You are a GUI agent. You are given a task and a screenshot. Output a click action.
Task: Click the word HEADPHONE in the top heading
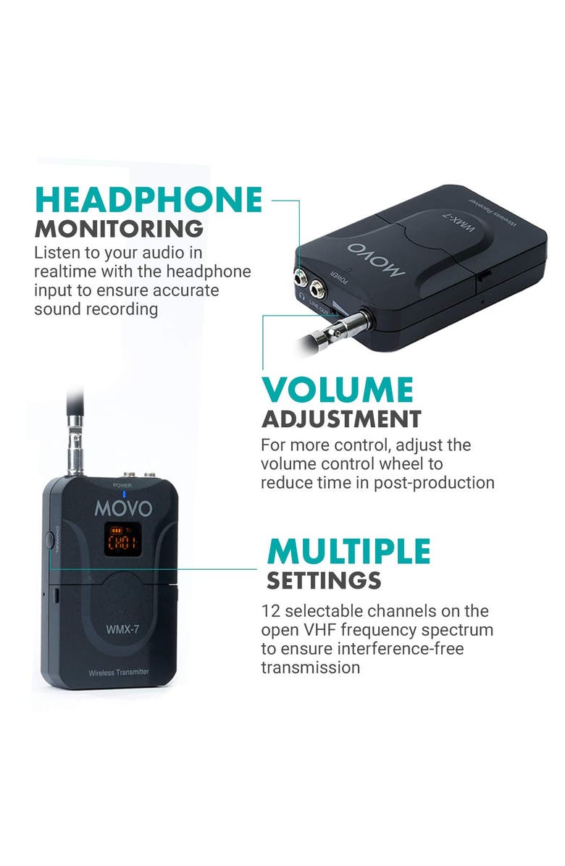pyautogui.click(x=148, y=200)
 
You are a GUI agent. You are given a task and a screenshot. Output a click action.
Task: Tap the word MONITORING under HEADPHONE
pyautogui.click(x=119, y=229)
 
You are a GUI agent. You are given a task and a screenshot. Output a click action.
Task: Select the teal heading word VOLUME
pyautogui.click(x=337, y=390)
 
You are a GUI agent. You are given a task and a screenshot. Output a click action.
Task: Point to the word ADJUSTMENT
pyautogui.click(x=341, y=419)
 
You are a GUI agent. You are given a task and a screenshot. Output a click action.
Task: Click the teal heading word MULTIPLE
pyautogui.click(x=348, y=552)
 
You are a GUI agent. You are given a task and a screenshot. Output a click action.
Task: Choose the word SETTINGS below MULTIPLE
pyautogui.click(x=323, y=581)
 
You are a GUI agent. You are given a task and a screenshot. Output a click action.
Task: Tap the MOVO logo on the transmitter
pyautogui.click(x=124, y=508)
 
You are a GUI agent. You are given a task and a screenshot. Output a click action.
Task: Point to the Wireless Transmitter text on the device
pyautogui.click(x=119, y=672)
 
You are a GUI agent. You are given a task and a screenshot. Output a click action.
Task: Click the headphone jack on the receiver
pyautogui.click(x=299, y=276)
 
